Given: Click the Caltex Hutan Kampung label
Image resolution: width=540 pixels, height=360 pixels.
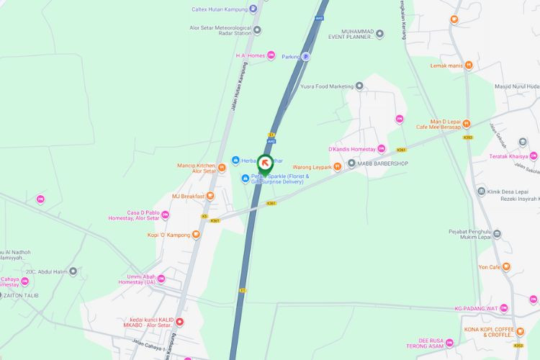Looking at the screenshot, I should point(219,9).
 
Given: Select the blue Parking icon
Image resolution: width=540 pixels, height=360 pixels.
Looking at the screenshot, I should point(305,56).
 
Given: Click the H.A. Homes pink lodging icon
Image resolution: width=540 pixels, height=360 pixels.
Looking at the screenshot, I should point(271,55).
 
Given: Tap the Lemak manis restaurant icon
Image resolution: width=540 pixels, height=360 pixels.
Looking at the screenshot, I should point(469,66).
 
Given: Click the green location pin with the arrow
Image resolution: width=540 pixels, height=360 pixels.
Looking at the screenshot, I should point(265,163).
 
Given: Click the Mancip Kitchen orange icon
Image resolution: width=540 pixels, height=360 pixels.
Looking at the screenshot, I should point(222,168).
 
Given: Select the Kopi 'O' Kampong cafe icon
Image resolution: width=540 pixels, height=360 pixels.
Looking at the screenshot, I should point(196,235).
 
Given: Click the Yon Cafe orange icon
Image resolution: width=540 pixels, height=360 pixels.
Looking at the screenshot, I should point(506,267).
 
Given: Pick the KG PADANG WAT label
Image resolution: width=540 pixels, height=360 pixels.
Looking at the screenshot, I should point(476,308).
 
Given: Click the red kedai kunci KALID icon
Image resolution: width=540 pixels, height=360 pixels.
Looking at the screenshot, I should point(180,322).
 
